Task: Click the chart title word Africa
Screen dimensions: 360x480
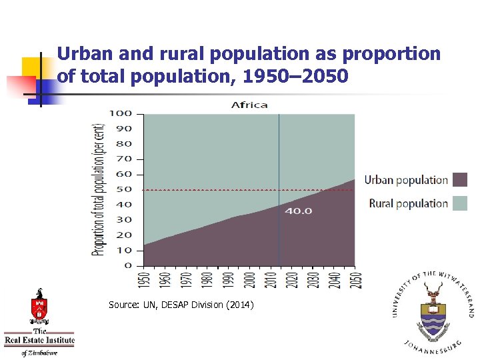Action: (x=249, y=105)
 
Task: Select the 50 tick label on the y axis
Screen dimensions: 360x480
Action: (x=123, y=189)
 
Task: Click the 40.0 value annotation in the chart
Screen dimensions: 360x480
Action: (x=298, y=211)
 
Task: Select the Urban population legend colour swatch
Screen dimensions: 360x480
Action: (x=460, y=179)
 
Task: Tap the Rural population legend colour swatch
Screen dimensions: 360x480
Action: (x=460, y=203)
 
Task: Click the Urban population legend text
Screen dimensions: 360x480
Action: (x=406, y=179)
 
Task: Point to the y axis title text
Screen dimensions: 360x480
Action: (x=99, y=189)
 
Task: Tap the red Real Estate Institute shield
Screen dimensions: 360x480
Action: (x=39, y=308)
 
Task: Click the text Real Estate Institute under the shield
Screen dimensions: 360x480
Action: (x=39, y=341)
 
